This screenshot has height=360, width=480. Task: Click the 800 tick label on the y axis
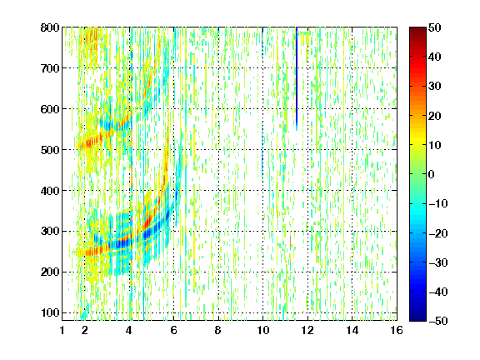pyautogui.click(x=50, y=27)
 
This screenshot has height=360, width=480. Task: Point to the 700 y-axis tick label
pyautogui.click(x=50, y=68)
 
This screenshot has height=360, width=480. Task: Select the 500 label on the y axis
pyautogui.click(x=50, y=150)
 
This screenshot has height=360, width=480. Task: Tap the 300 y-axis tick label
pyautogui.click(x=50, y=232)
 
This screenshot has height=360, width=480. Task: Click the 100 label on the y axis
pyautogui.click(x=50, y=312)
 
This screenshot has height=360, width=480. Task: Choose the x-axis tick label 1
pyautogui.click(x=62, y=330)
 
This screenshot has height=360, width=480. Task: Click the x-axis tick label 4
pyautogui.click(x=129, y=330)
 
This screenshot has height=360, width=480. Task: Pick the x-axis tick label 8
pyautogui.click(x=218, y=330)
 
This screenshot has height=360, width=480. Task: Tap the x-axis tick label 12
pyautogui.click(x=307, y=330)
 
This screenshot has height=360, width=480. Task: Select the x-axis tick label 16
pyautogui.click(x=397, y=330)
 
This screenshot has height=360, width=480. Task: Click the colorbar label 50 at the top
pyautogui.click(x=434, y=27)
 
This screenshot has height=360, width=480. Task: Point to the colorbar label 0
pyautogui.click(x=432, y=174)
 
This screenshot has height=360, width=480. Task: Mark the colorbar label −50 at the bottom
pyautogui.click(x=438, y=321)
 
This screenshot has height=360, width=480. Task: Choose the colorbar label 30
pyautogui.click(x=434, y=87)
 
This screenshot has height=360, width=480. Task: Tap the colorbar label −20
pyautogui.click(x=438, y=233)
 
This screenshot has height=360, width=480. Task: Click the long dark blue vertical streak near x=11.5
pyautogui.click(x=297, y=79)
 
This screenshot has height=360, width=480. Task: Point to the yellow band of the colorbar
pyautogui.click(x=417, y=142)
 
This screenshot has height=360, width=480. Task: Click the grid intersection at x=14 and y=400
pyautogui.click(x=352, y=190)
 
